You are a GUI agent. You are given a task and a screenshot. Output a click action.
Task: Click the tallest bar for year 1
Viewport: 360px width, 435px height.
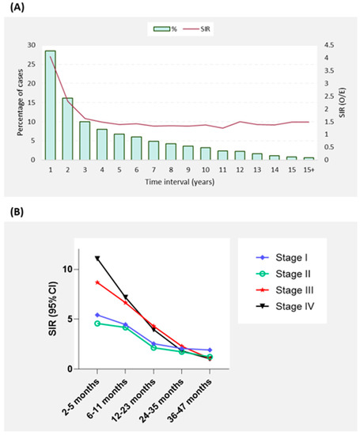click(50, 105)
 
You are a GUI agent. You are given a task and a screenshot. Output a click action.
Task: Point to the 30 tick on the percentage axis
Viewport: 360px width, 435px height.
click(31, 45)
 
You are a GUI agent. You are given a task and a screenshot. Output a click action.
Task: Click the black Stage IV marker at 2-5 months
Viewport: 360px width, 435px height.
click(97, 259)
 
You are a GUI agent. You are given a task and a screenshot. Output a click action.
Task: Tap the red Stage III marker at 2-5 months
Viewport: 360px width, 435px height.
click(97, 282)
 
